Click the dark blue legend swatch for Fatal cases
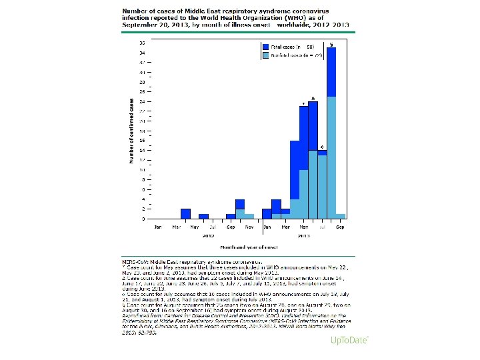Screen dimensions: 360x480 (x=265, y=47)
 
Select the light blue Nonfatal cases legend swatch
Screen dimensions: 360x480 (x=265, y=56)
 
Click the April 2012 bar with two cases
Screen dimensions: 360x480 (x=185, y=213)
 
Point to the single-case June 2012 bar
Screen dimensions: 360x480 (x=203, y=216)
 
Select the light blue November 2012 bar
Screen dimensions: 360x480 (x=249, y=216)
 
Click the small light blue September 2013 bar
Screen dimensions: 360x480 (x=341, y=216)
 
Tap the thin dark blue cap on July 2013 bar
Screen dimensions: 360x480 (x=322, y=153)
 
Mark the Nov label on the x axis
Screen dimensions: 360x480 (x=249, y=227)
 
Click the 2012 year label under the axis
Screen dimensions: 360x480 (x=208, y=235)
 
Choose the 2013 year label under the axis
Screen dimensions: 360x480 (x=304, y=235)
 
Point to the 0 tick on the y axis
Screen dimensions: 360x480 (x=143, y=219)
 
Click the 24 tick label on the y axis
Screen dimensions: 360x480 (x=143, y=101)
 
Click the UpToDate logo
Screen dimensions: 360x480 (x=349, y=341)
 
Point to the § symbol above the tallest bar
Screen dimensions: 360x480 (x=331, y=44)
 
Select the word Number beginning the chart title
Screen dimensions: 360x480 (x=133, y=12)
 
